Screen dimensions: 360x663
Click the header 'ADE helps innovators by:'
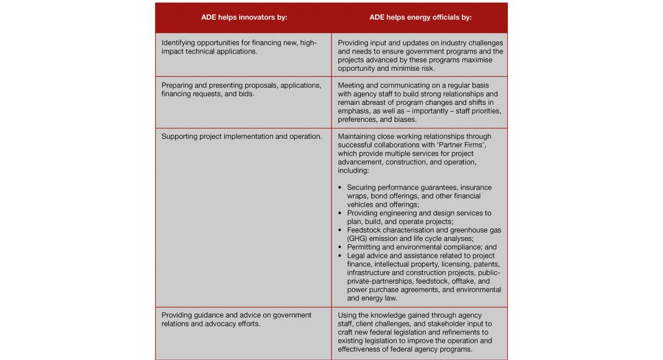pos(244,17)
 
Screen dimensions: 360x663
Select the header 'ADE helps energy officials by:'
pos(420,17)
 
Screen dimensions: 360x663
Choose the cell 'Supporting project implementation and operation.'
pos(241,137)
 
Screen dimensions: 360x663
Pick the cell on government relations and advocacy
pos(237,319)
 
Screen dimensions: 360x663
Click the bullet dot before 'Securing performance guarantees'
pos(340,187)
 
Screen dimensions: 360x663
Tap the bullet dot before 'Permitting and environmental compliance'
pos(340,247)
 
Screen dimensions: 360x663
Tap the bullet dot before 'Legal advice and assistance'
pos(340,256)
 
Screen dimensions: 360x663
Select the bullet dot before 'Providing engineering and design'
pos(340,213)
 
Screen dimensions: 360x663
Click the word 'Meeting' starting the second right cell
pos(351,85)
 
